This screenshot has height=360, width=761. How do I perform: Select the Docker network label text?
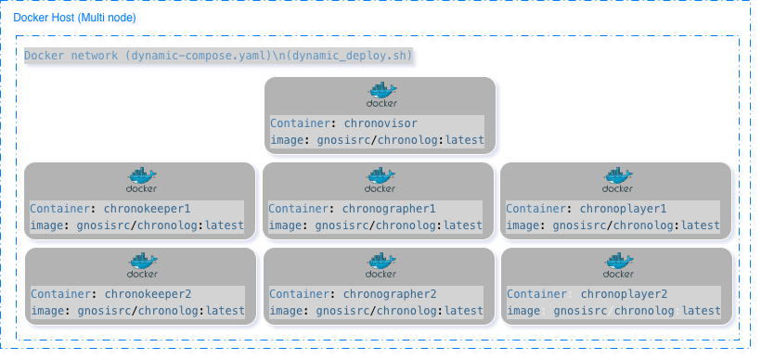tap(218, 56)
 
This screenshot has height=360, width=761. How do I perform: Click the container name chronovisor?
tap(380, 123)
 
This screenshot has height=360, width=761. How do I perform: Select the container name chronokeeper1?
tap(156, 209)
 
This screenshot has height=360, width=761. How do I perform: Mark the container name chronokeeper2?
tap(156, 294)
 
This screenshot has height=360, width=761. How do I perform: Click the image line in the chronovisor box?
tap(377, 140)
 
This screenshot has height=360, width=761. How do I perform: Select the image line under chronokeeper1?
tap(137, 225)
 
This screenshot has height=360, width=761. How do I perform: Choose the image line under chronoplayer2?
tap(613, 311)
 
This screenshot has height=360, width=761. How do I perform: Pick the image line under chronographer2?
tap(376, 311)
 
